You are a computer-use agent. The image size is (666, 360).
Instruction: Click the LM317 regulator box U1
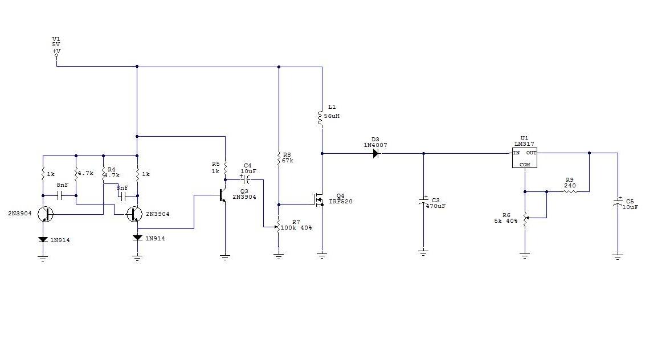(x=525, y=158)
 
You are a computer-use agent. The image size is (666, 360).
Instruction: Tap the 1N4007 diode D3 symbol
(x=375, y=153)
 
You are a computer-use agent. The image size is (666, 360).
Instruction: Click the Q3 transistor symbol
(x=223, y=195)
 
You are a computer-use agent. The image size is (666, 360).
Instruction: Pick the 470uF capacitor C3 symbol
(x=423, y=202)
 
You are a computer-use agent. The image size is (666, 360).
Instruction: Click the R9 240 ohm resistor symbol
(x=569, y=192)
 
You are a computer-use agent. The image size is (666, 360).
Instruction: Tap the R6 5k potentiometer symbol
(x=525, y=217)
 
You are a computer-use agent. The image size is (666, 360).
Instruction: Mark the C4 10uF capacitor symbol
(x=247, y=179)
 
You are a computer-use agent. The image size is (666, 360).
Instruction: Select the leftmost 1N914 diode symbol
(x=43, y=240)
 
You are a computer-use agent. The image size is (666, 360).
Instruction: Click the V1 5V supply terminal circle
(x=56, y=56)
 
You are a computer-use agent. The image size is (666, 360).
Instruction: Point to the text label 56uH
(x=332, y=116)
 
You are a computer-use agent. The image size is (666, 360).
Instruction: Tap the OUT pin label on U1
(x=530, y=153)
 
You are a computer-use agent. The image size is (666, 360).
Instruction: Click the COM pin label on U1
(x=524, y=164)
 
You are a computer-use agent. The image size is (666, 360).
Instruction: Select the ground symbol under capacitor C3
(x=423, y=251)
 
